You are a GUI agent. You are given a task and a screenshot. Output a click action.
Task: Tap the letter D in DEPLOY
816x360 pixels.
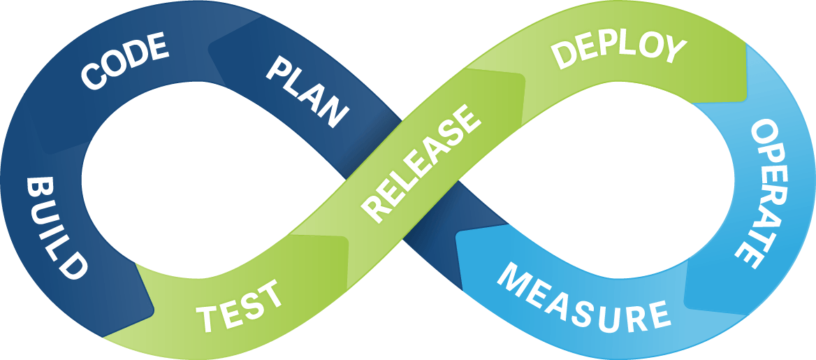tap(564, 55)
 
